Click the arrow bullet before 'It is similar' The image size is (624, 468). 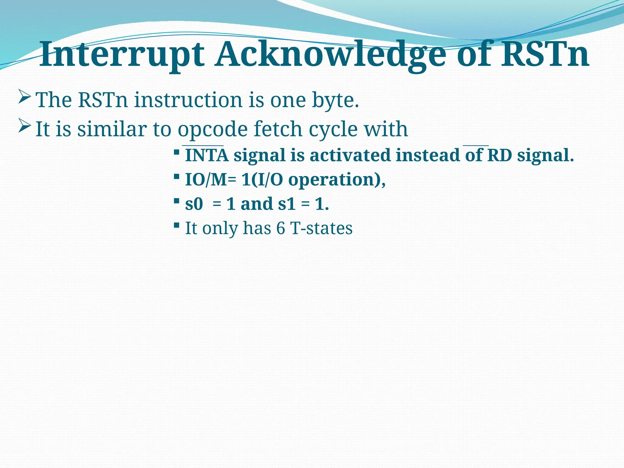[24, 126]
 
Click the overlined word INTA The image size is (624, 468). [207, 155]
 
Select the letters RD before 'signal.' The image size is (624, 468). [500, 155]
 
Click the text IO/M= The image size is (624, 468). [210, 179]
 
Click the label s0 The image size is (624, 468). [194, 204]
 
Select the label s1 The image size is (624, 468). [287, 204]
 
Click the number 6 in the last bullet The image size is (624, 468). [280, 228]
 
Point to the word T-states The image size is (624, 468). [321, 228]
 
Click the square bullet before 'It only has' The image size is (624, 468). [176, 225]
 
